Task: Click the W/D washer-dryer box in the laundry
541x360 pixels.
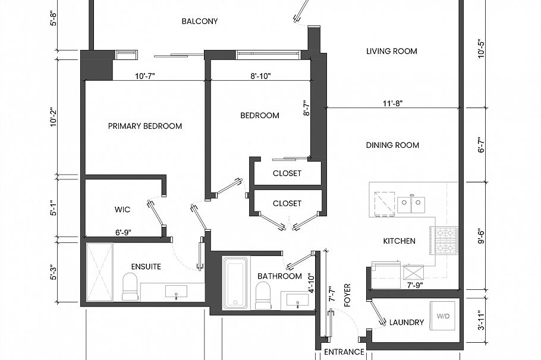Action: [x=443, y=316]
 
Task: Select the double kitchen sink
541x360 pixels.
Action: [x=411, y=205]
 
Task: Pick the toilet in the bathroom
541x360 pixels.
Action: [x=263, y=295]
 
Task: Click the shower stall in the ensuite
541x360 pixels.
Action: [x=99, y=273]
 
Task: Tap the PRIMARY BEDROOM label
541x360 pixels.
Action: [x=145, y=126]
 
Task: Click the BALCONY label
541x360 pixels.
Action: [x=200, y=21]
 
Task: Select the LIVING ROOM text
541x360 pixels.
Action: [x=392, y=51]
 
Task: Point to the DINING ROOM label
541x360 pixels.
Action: [x=392, y=145]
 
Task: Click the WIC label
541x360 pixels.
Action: [x=122, y=210]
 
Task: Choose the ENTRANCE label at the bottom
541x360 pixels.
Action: [x=344, y=352]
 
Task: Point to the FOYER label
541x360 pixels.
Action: [x=348, y=295]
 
